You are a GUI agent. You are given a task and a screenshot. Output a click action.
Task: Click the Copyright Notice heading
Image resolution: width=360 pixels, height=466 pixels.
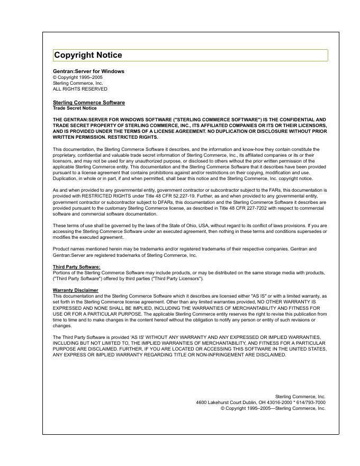click(x=88, y=55)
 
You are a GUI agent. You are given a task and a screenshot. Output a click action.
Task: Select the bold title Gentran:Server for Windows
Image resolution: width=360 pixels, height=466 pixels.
click(x=88, y=71)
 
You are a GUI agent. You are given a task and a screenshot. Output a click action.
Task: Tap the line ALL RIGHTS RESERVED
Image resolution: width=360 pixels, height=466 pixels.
click(x=80, y=89)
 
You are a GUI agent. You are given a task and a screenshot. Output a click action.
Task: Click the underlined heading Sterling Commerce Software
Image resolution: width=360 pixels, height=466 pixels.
click(x=89, y=102)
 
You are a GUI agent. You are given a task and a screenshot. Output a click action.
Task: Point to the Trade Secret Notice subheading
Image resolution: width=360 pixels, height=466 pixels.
click(x=75, y=108)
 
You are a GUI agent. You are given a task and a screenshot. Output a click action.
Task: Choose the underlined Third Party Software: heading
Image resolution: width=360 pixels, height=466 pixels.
click(x=76, y=267)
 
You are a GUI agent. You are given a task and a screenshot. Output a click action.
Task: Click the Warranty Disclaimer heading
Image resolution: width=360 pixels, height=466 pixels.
click(x=75, y=290)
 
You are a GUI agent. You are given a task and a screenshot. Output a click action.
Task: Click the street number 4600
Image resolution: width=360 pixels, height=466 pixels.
click(x=201, y=402)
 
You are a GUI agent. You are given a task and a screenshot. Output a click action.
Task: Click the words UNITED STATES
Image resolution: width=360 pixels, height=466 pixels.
click(x=307, y=349)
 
